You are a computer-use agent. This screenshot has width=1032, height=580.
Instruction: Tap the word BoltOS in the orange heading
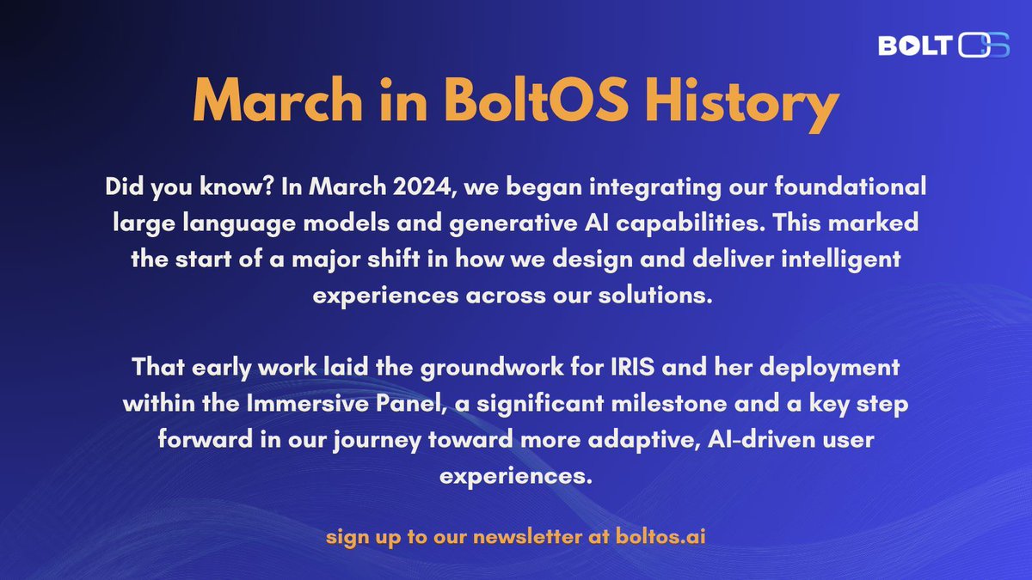coord(537,100)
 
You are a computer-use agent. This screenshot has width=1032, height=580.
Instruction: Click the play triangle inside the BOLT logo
coord(912,46)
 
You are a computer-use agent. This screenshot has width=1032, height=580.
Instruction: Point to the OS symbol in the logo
coord(984,45)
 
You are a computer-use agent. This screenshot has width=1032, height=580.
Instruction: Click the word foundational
coord(850,186)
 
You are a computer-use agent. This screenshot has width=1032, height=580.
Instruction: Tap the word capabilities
coord(691,223)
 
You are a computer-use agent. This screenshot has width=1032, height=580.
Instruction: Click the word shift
coord(394,259)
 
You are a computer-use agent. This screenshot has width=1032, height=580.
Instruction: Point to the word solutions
coord(655,295)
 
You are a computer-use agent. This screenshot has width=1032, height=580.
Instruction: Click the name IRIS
coord(633,368)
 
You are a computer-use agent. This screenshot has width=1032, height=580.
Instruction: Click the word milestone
coord(669,404)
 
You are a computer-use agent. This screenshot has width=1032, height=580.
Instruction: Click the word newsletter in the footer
coord(527,537)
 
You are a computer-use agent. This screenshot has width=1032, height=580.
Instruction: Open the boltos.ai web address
coord(660,537)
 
